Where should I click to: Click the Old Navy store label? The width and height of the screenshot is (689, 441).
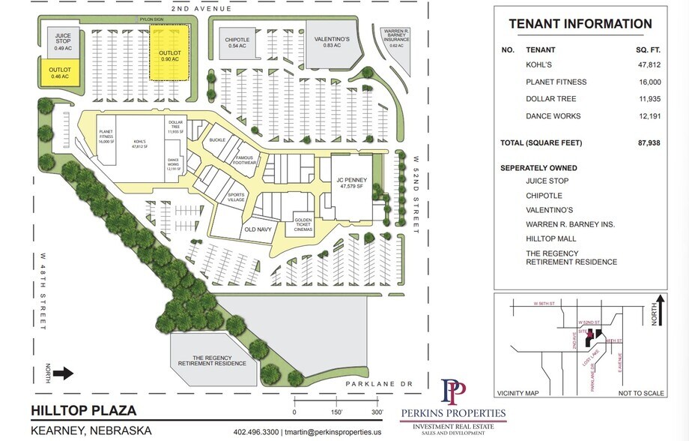[x=256, y=231]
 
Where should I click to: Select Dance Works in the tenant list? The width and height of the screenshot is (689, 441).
[x=553, y=116]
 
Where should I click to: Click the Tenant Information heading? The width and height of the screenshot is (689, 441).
[x=580, y=24]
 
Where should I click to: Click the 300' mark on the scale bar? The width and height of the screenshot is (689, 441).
[x=372, y=412]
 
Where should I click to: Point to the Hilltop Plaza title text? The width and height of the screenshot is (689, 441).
[x=83, y=410]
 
